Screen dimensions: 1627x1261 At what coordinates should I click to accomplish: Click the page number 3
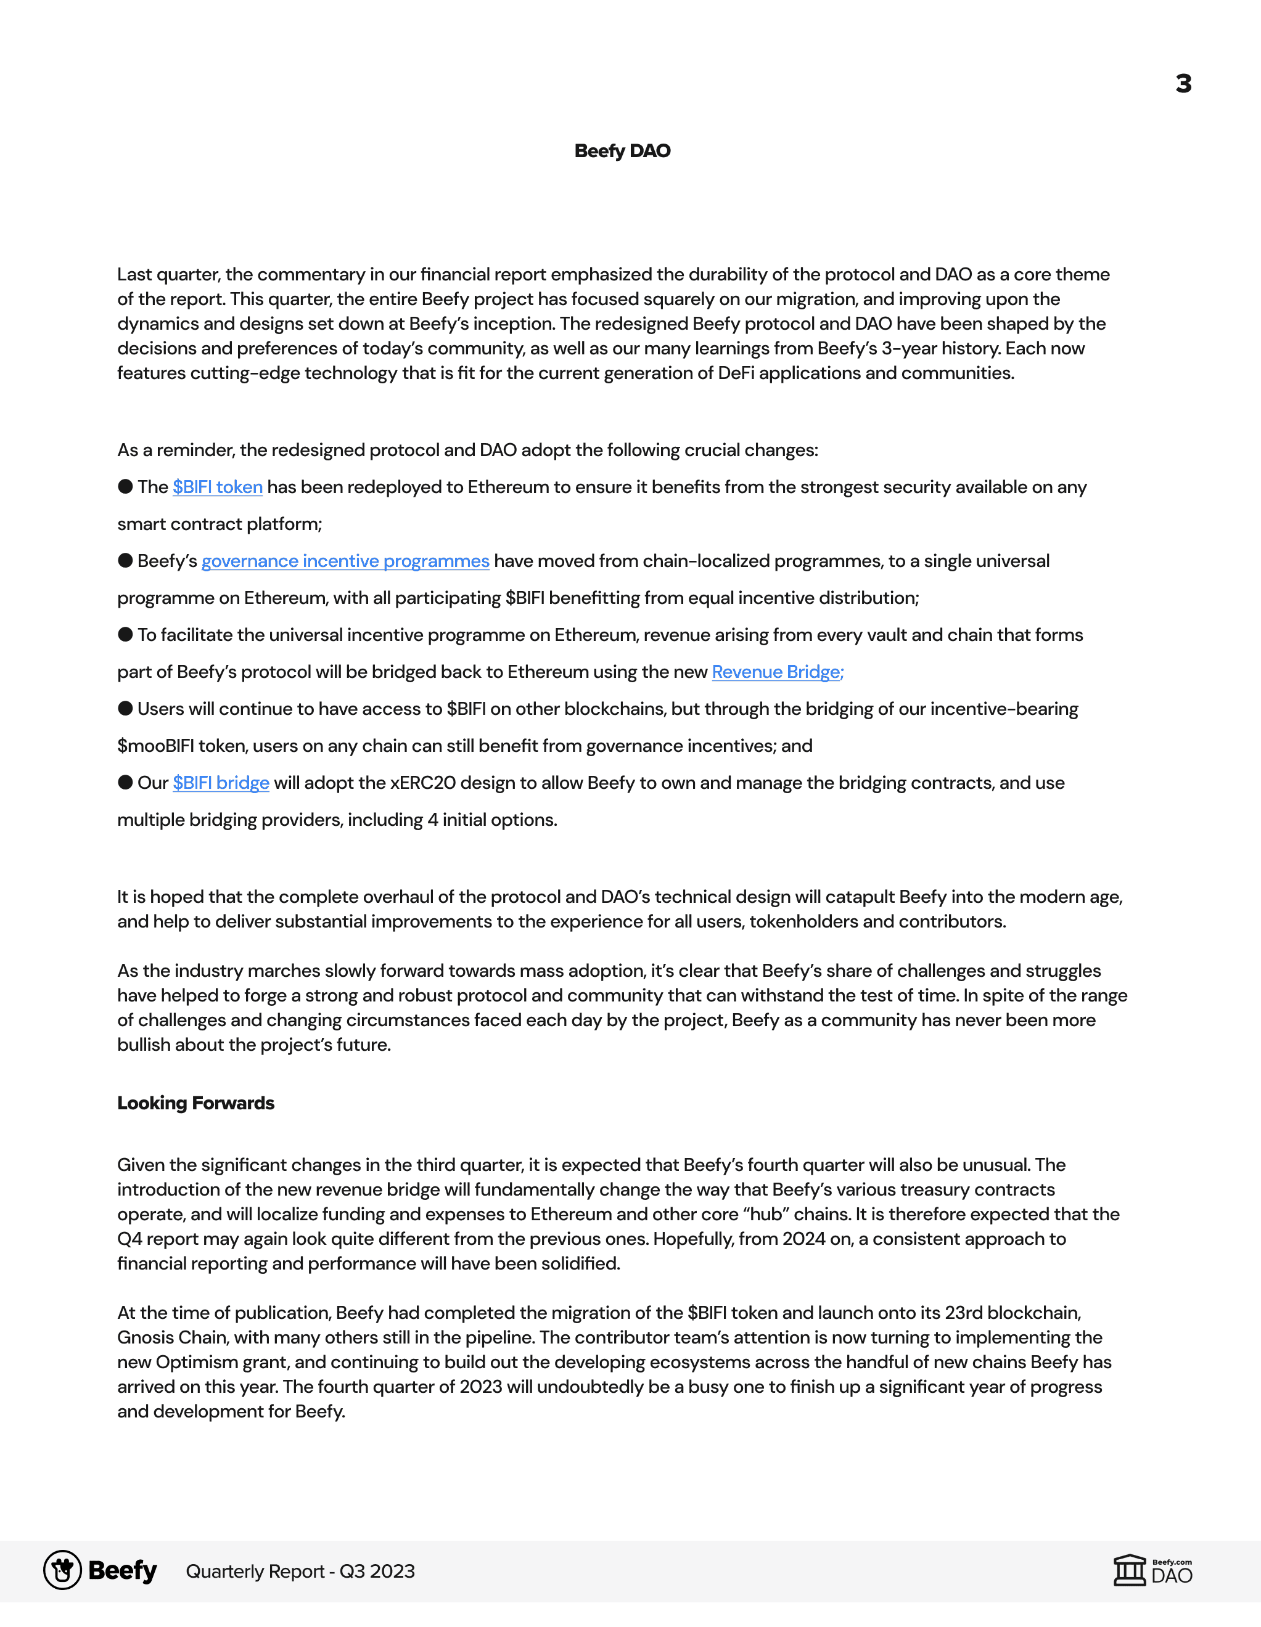pos(1183,83)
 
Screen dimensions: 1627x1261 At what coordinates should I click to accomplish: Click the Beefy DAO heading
pos(622,151)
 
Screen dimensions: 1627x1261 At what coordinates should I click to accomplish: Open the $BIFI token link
pos(218,487)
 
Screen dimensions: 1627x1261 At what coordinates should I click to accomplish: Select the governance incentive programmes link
pos(345,561)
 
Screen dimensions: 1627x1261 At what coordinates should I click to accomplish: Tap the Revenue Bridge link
pos(778,672)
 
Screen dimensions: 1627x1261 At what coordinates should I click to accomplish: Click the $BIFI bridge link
pos(221,783)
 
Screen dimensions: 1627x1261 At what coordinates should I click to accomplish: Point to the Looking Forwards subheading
pos(195,1103)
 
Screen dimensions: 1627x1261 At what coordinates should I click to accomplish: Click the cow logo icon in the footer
pos(63,1570)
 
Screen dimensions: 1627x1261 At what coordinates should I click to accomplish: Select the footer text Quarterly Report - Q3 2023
pos(300,1571)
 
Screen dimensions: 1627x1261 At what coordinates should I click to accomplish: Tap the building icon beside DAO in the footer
pos(1129,1570)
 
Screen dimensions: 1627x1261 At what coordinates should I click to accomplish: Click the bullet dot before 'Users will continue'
pos(125,709)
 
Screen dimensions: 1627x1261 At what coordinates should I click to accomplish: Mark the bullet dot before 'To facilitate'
pos(125,635)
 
